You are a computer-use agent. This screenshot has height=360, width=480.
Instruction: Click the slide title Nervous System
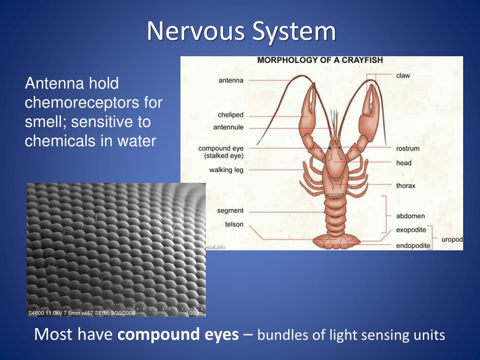241,32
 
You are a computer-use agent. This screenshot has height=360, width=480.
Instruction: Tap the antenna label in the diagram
231,80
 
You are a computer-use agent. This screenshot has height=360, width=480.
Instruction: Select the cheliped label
231,115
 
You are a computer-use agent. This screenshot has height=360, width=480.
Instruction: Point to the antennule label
229,127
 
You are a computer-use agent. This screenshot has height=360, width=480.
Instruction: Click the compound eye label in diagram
221,149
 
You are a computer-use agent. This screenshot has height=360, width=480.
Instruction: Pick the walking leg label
226,170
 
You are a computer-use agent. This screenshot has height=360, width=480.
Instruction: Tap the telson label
234,225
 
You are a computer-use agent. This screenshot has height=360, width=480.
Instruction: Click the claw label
403,75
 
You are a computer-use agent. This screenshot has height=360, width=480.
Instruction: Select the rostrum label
407,149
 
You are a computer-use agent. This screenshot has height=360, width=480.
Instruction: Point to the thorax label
405,186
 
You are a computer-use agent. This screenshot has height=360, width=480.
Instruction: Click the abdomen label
410,216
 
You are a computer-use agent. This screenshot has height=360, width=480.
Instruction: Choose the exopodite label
411,230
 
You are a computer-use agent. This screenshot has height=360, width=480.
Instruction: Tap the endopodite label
412,245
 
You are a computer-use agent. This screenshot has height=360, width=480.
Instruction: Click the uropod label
452,240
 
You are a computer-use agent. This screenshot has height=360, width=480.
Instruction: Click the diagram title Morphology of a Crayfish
320,60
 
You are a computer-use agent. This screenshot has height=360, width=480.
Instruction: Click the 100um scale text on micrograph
194,313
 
